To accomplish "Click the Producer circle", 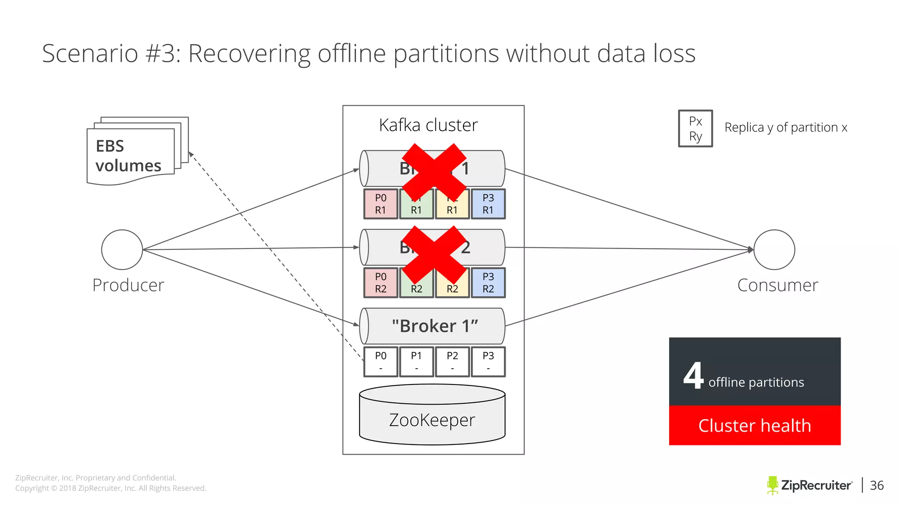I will point(122,249).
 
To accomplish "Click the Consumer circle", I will point(774,249).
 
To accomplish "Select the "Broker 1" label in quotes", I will point(435,326).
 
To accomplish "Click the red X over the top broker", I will point(434,172).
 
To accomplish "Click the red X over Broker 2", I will point(434,254).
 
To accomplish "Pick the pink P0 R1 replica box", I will point(381,204).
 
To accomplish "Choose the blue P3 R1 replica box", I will point(488,204).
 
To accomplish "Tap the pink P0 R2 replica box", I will point(381,283).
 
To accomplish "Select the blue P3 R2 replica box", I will point(488,283).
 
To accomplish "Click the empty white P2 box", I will point(452,362).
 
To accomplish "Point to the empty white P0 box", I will point(381,362).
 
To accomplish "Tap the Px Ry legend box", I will point(695,128).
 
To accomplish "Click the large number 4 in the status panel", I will point(693,376).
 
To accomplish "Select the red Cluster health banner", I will point(755,425).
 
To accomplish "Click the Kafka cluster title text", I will point(428,125).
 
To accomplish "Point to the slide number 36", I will point(877,485).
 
